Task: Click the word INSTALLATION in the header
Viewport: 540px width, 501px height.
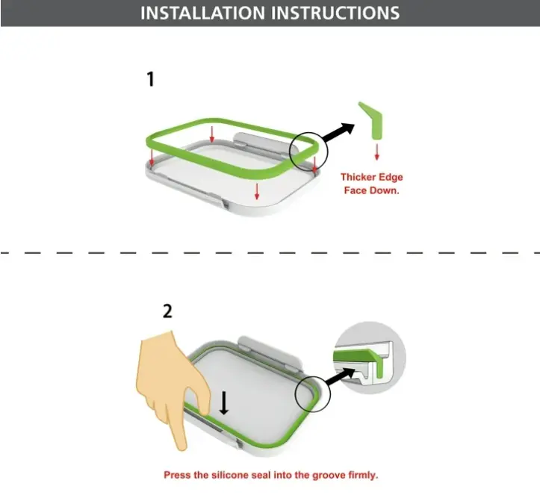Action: (x=203, y=13)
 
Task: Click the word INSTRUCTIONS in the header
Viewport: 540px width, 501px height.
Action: (x=335, y=13)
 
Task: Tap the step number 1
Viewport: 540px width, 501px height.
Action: (x=150, y=79)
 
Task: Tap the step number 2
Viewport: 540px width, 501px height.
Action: (x=167, y=311)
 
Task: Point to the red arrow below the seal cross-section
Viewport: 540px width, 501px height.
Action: (x=376, y=152)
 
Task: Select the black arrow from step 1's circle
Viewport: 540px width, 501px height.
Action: (x=338, y=132)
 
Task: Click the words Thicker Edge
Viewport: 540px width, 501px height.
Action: (x=372, y=177)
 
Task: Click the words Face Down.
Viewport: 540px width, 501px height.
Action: (x=372, y=190)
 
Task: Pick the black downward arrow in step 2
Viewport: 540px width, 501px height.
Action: (x=224, y=403)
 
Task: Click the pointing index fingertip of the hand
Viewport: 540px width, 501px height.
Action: (x=181, y=446)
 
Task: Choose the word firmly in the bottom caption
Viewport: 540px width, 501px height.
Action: (x=363, y=476)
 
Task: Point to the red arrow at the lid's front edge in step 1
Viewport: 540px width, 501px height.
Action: (x=257, y=191)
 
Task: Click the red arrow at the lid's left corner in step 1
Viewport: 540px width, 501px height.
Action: (x=152, y=157)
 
